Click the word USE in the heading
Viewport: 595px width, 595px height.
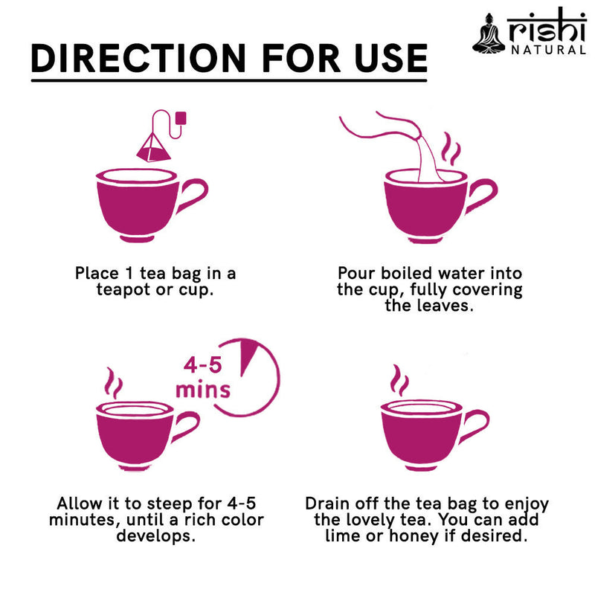387,58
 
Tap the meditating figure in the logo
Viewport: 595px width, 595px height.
489,33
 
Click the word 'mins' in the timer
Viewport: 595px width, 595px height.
203,390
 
